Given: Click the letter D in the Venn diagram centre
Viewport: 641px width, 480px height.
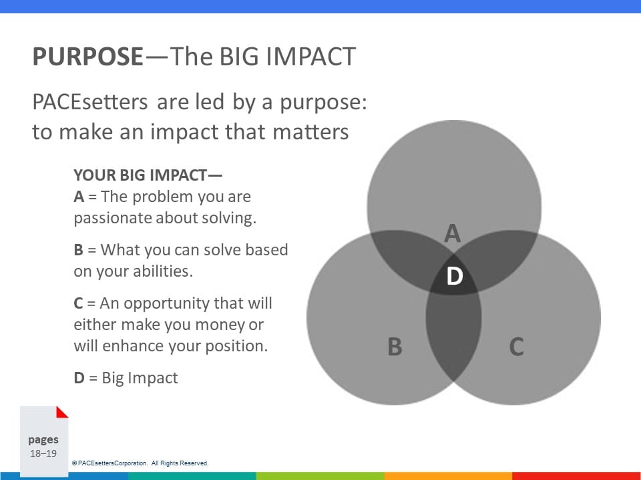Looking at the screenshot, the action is pos(455,276).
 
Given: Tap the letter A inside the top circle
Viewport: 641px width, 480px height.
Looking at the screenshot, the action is pos(453,233).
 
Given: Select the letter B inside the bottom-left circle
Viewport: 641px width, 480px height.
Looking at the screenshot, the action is pos(395,347).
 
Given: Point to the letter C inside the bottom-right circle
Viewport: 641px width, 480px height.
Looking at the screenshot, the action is pos(516,347).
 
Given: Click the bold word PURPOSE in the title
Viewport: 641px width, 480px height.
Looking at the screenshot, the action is pos(88,56).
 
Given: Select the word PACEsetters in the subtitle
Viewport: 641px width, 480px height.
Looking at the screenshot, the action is pos(90,101).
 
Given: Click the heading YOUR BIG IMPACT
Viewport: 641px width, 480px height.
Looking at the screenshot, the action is pos(148,175).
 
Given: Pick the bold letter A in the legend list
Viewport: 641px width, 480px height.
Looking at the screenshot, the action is pos(79,197).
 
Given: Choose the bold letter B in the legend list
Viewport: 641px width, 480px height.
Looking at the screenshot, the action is pos(79,250).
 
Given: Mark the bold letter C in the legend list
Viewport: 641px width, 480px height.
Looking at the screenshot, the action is pos(79,303).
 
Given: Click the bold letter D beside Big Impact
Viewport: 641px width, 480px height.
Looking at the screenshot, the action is pos(79,378).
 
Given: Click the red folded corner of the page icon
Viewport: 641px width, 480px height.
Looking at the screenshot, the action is pos(63,412).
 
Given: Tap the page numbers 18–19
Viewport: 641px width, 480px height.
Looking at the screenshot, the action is pos(43,453).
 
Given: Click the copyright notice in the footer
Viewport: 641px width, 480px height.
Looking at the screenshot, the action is pos(140,463).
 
